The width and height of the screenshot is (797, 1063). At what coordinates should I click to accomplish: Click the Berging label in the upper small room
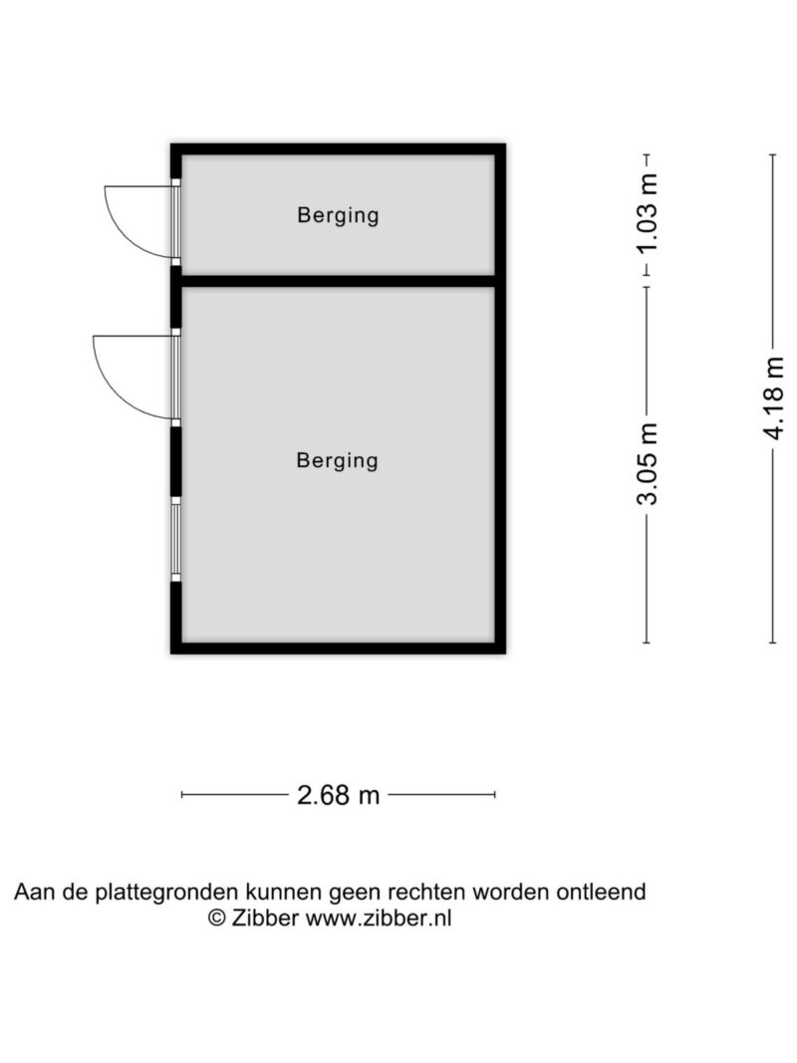click(x=338, y=215)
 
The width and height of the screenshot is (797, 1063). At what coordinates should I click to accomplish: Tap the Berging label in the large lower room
click(x=338, y=460)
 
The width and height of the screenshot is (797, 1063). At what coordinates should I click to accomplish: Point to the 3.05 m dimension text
click(x=649, y=464)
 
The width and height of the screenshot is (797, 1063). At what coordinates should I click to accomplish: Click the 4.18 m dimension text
click(x=775, y=396)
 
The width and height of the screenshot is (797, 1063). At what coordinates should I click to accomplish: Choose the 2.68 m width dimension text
click(x=339, y=795)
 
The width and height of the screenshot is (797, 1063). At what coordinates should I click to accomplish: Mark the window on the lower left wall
click(x=175, y=539)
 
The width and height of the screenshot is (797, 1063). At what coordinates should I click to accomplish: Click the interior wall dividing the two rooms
click(x=338, y=281)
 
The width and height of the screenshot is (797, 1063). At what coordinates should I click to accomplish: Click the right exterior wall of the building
click(x=500, y=399)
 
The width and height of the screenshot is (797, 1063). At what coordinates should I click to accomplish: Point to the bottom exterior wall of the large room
click(x=338, y=648)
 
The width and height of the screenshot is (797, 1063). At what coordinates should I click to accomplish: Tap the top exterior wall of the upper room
click(x=338, y=149)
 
